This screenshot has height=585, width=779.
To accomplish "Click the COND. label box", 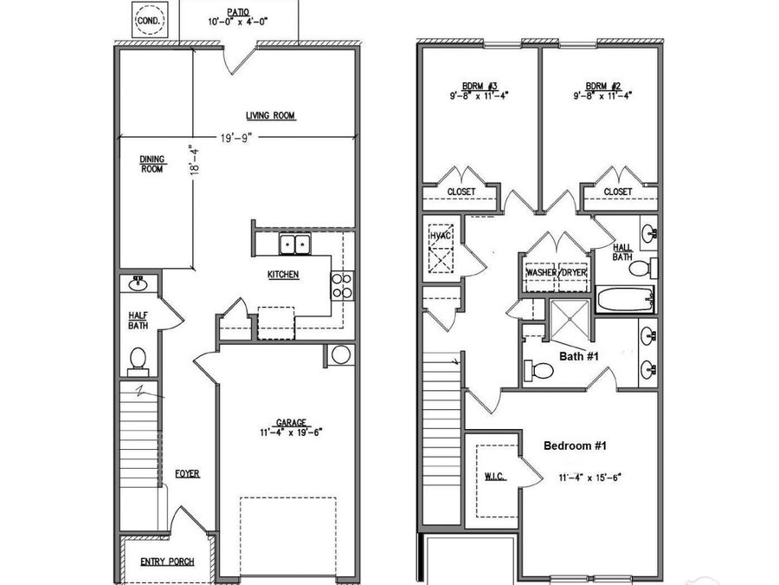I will pyautogui.click(x=148, y=18).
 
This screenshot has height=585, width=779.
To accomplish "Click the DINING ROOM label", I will pyautogui.click(x=151, y=164).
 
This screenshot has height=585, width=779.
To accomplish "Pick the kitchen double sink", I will pyautogui.click(x=295, y=244).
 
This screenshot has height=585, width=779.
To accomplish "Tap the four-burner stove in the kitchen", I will pyautogui.click(x=342, y=285).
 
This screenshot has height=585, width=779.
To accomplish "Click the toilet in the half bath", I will pyautogui.click(x=138, y=358).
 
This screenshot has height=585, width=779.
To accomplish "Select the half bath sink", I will pyautogui.click(x=138, y=283).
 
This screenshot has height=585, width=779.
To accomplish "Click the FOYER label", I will pyautogui.click(x=187, y=474).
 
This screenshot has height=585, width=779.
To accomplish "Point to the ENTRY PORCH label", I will pyautogui.click(x=167, y=562).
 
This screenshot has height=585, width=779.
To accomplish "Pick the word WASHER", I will pyautogui.click(x=541, y=273).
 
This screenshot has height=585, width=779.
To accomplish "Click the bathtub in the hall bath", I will pyautogui.click(x=623, y=301).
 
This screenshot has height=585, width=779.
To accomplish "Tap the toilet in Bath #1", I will pyautogui.click(x=540, y=371).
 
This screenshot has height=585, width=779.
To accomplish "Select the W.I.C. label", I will pyautogui.click(x=494, y=478).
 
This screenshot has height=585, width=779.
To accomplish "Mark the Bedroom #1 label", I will pyautogui.click(x=575, y=445).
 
